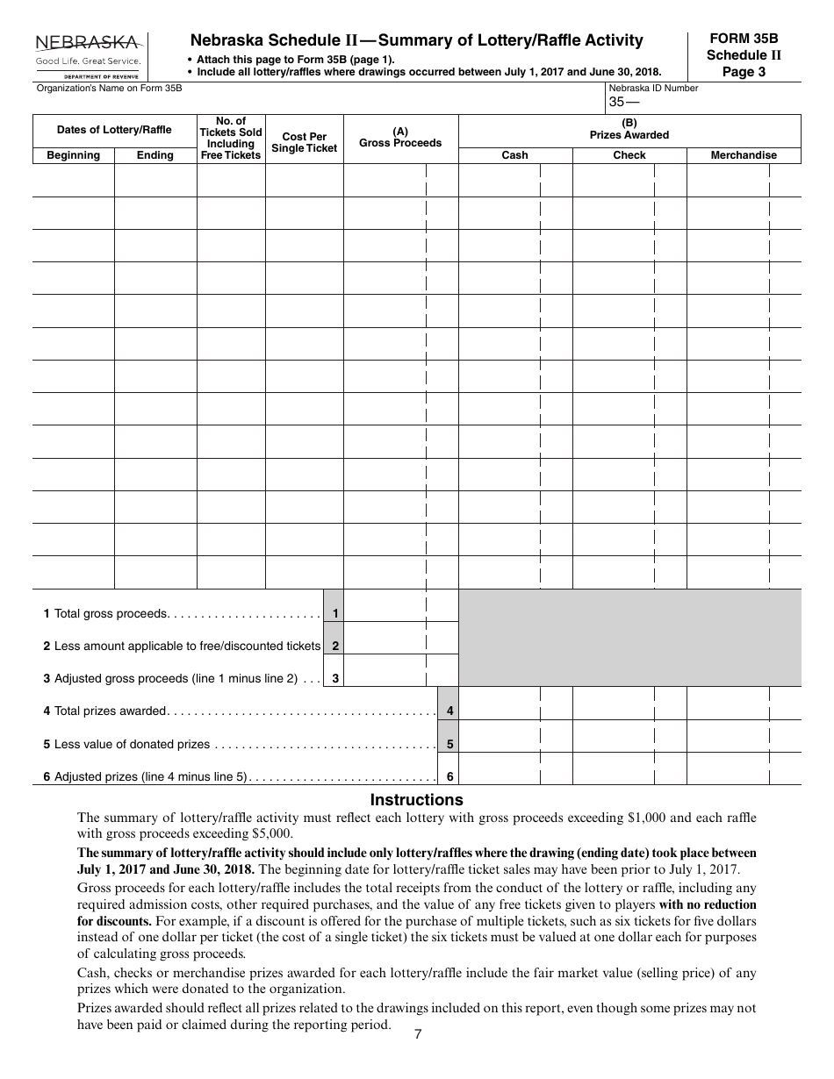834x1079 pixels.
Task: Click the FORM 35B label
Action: point(743,39)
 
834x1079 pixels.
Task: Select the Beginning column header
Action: point(73,155)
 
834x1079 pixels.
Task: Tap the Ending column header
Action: point(155,155)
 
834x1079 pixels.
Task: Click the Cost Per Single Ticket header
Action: point(304,142)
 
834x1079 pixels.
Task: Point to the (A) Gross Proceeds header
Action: point(400,138)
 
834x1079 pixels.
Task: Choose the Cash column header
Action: point(514,155)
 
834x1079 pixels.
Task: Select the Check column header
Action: point(629,155)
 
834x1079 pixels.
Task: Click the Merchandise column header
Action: point(743,155)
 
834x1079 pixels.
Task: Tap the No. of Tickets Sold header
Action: point(230,138)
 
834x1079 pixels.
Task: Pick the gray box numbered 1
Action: point(334,614)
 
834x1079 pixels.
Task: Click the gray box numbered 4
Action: point(449,711)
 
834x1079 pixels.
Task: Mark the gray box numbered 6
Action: point(449,776)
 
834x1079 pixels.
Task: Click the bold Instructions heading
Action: point(416,800)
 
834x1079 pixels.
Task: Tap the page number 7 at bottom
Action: point(418,1034)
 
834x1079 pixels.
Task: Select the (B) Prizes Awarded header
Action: point(629,129)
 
